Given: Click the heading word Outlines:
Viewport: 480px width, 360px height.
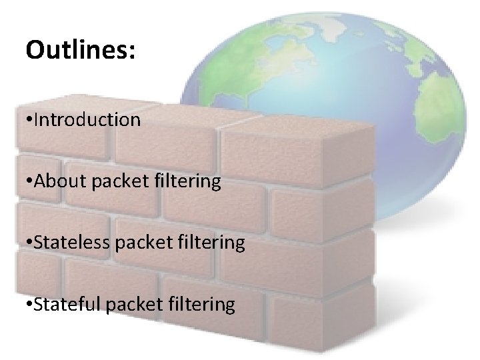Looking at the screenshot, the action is click(80, 51).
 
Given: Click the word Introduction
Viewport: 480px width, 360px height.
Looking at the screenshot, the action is click(88, 119).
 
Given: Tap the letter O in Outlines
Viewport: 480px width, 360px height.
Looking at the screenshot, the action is click(34, 51).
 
